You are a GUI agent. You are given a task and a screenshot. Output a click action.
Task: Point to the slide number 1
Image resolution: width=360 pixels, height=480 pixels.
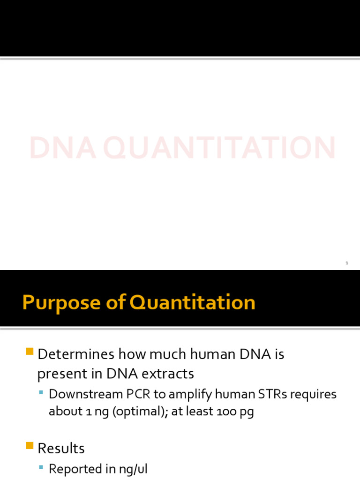[347, 263]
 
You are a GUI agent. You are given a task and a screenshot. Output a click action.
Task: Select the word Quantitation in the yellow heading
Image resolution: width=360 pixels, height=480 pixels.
[192, 303]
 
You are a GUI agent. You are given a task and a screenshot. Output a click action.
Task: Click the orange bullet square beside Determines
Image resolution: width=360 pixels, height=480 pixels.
[30, 351]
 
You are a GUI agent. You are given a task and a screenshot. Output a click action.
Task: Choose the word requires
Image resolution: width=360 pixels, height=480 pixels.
[313, 395]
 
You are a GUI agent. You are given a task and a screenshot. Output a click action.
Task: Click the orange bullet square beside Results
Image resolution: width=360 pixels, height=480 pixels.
[30, 445]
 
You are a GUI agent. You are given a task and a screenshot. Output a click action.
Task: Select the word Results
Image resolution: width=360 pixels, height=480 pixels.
[61, 449]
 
